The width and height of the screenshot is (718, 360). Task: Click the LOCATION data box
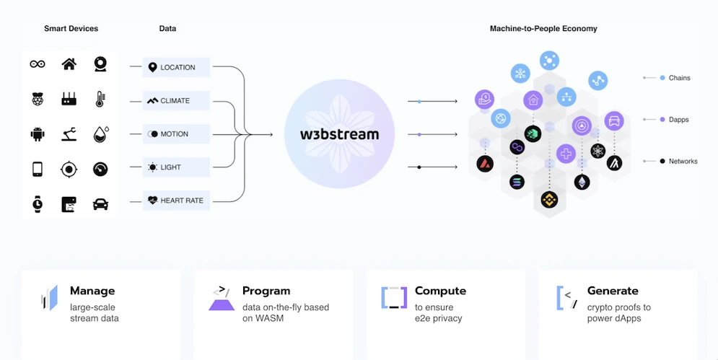[x=176, y=67]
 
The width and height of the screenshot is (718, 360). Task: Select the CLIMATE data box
[x=176, y=100]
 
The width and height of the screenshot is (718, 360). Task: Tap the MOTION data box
[x=176, y=134]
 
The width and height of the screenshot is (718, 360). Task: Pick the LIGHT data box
[x=176, y=167]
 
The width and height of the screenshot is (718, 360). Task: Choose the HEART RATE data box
[x=176, y=201]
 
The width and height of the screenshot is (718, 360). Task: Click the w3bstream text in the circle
[x=339, y=134]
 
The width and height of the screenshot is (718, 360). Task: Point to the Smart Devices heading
[x=71, y=29]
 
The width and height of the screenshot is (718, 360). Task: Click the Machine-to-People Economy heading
[x=543, y=29]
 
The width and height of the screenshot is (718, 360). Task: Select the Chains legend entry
[x=679, y=78]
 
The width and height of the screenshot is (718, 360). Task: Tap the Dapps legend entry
[x=679, y=119]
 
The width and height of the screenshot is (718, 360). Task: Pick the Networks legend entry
[x=683, y=161]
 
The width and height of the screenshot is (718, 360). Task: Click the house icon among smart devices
[x=69, y=64]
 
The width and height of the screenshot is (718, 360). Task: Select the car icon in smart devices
[x=101, y=204]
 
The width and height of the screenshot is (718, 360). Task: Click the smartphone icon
[x=38, y=169]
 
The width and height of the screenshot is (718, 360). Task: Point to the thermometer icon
[x=101, y=100]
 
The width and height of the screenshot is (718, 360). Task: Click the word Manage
[x=92, y=291]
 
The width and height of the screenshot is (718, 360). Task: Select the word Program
[x=266, y=291]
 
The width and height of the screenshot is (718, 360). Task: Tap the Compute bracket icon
[x=394, y=297]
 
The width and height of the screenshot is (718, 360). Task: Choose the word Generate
[x=613, y=291]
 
